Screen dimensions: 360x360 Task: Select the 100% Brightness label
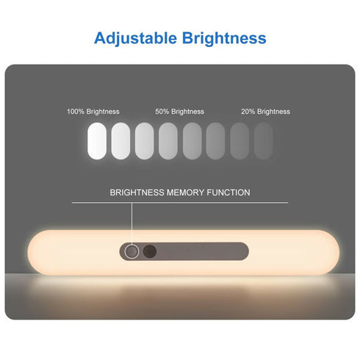click(x=93, y=112)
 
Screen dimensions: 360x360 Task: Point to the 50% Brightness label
click(x=179, y=112)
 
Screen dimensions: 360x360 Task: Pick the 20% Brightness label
click(x=265, y=112)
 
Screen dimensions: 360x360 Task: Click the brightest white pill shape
click(x=97, y=140)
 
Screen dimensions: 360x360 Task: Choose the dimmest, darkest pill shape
click(x=263, y=140)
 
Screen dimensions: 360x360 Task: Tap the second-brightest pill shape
click(x=120, y=140)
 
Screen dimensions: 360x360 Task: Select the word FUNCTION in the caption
click(x=228, y=192)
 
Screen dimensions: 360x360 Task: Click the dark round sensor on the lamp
click(x=150, y=251)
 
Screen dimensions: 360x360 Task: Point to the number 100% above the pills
click(x=75, y=112)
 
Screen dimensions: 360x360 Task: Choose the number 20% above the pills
click(x=248, y=112)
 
